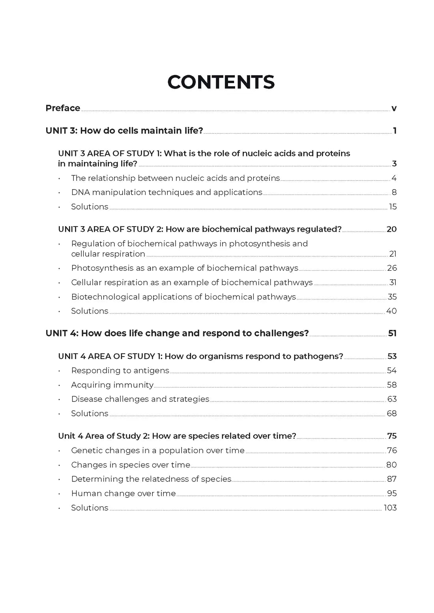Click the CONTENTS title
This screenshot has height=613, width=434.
click(x=221, y=82)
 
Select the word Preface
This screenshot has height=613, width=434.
click(x=63, y=108)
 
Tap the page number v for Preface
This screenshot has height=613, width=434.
click(x=393, y=108)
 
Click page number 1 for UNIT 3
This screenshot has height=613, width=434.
click(x=395, y=131)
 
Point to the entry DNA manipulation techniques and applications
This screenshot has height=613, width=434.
click(x=166, y=192)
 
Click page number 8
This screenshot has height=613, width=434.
click(x=394, y=192)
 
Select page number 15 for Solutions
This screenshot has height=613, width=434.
click(x=393, y=207)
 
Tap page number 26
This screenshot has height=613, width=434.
click(x=392, y=268)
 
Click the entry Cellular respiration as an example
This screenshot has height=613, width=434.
click(x=192, y=282)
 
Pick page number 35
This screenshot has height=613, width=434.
click(x=392, y=297)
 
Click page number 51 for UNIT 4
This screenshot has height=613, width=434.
click(x=392, y=333)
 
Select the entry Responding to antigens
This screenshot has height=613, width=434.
click(x=120, y=371)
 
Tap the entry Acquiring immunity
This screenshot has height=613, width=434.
click(x=112, y=385)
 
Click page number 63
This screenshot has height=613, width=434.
click(x=392, y=399)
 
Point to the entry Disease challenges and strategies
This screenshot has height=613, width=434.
click(x=140, y=399)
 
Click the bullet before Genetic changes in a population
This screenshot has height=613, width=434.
click(x=59, y=451)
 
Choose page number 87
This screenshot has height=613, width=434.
click(x=392, y=479)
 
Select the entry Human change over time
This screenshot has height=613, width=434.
click(x=123, y=494)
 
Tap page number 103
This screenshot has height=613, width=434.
click(x=390, y=508)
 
